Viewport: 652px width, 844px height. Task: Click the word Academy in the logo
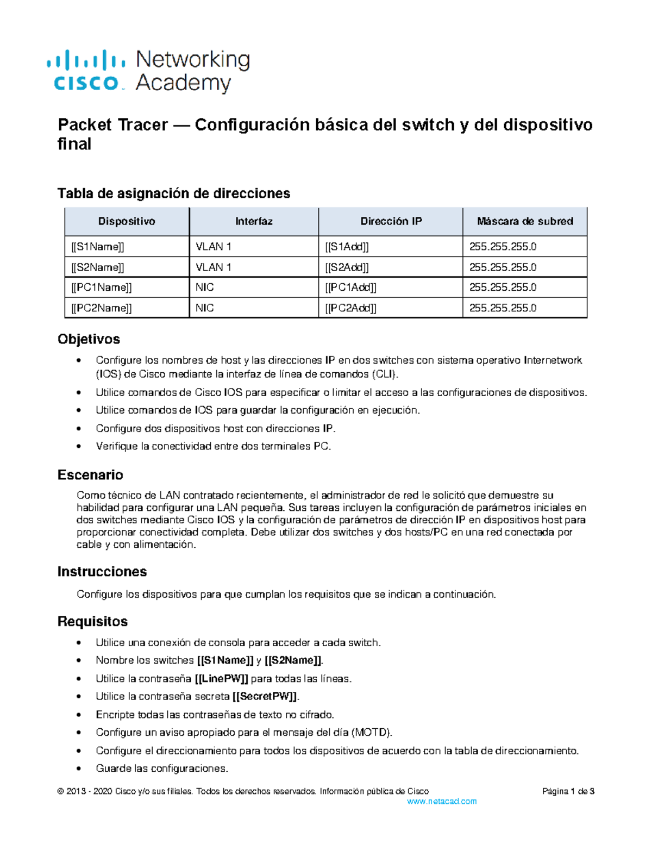pyautogui.click(x=183, y=83)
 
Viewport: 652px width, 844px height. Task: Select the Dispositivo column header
pyautogui.click(x=127, y=221)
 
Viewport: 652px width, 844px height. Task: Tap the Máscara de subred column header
pyautogui.click(x=525, y=221)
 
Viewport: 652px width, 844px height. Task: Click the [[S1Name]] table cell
pyautogui.click(x=98, y=247)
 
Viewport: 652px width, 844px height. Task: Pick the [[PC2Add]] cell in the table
pyautogui.click(x=350, y=308)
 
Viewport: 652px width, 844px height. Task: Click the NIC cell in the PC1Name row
pyautogui.click(x=205, y=287)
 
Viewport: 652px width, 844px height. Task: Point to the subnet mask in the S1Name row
pyautogui.click(x=503, y=247)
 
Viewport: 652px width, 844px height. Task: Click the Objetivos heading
pyautogui.click(x=89, y=339)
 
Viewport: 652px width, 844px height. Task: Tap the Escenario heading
pyautogui.click(x=90, y=475)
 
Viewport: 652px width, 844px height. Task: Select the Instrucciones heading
pyautogui.click(x=102, y=572)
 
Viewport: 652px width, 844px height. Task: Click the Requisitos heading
pyautogui.click(x=92, y=622)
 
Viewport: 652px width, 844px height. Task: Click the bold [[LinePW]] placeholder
pyautogui.click(x=222, y=679)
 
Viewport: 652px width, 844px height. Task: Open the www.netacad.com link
pyautogui.click(x=442, y=802)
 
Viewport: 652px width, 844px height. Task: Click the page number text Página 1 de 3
pyautogui.click(x=568, y=791)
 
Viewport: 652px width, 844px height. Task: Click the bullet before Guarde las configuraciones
pyautogui.click(x=80, y=768)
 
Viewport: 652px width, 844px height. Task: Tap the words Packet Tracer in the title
pyautogui.click(x=112, y=125)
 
